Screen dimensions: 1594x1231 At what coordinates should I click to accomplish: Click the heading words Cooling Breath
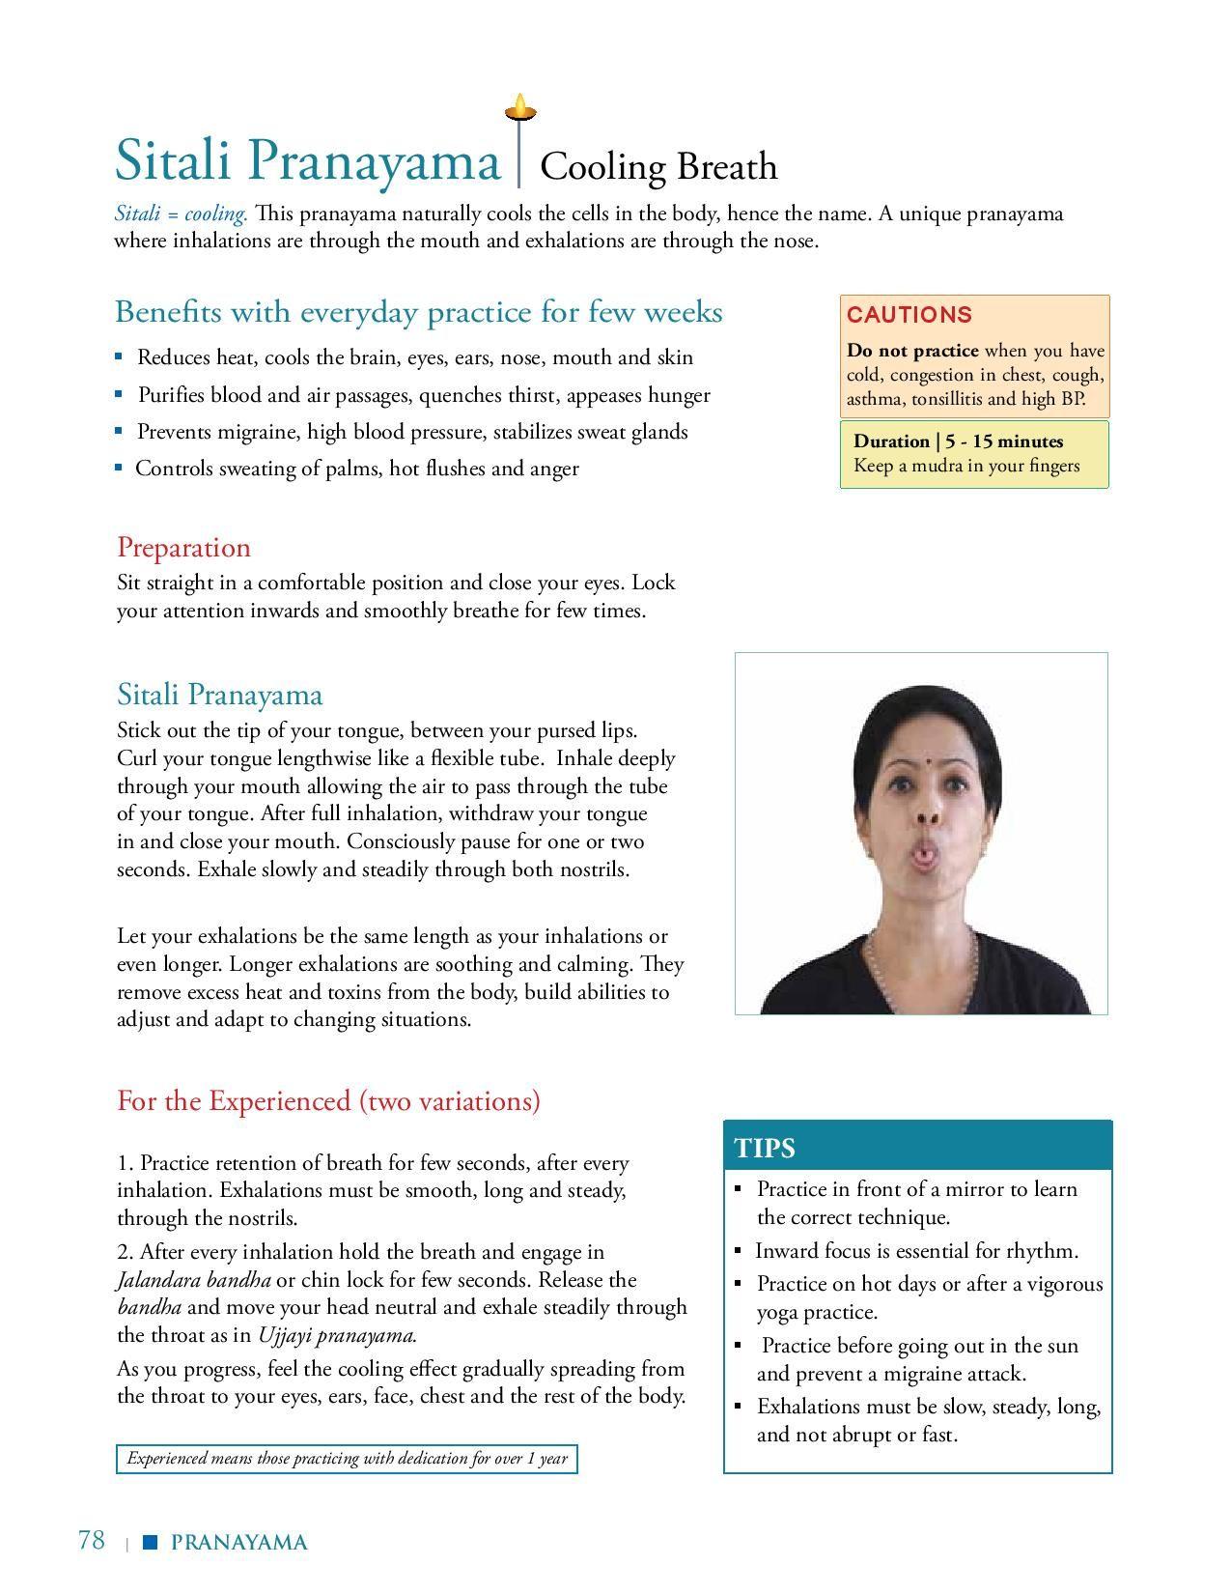click(658, 166)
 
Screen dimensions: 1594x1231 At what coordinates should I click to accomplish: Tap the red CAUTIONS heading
click(909, 315)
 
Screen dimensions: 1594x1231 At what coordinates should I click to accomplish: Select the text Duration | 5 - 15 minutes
click(958, 441)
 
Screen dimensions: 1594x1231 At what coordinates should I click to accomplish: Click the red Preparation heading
click(183, 548)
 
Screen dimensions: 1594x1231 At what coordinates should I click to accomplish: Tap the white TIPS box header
click(765, 1148)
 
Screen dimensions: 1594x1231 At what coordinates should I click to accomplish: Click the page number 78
click(91, 1540)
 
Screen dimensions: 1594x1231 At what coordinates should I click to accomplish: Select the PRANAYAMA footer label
click(238, 1543)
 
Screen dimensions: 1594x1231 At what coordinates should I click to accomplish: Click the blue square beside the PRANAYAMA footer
click(150, 1543)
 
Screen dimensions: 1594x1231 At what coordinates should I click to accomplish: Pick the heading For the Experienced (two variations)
click(328, 1101)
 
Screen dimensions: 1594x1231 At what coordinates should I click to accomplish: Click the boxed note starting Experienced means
click(347, 1459)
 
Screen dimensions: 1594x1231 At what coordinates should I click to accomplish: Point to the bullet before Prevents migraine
click(119, 432)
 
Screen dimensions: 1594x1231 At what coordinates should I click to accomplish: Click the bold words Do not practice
click(911, 351)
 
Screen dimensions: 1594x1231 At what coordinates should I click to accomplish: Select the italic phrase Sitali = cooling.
click(182, 213)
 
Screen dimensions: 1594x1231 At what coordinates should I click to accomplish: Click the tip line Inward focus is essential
click(916, 1251)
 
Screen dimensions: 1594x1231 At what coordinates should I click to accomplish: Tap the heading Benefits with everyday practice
click(418, 312)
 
